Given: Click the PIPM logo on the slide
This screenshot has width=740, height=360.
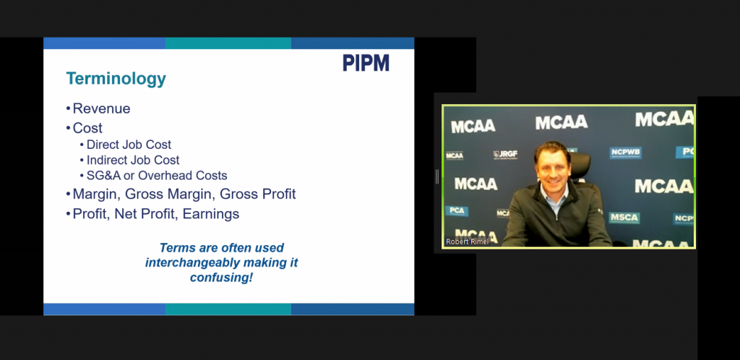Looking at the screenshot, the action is [x=366, y=63].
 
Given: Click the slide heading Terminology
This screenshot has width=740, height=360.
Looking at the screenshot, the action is [x=116, y=79].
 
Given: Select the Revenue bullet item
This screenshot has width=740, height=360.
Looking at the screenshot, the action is [x=101, y=108].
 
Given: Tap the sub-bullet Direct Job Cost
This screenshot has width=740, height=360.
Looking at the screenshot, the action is [x=129, y=145].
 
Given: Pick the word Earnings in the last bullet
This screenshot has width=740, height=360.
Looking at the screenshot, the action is [x=211, y=214].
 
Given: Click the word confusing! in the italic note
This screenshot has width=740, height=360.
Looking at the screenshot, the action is [x=221, y=278].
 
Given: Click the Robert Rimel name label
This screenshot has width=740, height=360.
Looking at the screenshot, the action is [x=468, y=241].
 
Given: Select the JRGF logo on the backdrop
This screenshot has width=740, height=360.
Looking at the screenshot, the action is [x=505, y=155].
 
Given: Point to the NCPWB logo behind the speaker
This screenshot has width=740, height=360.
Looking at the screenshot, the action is [x=625, y=153].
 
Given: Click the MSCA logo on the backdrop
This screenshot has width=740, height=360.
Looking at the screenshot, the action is [x=624, y=218].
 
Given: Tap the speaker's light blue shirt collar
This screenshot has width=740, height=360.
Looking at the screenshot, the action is [x=555, y=193].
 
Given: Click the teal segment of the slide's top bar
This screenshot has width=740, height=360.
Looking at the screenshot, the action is [x=228, y=43].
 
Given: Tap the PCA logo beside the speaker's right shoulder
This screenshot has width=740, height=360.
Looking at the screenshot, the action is [x=457, y=210].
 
